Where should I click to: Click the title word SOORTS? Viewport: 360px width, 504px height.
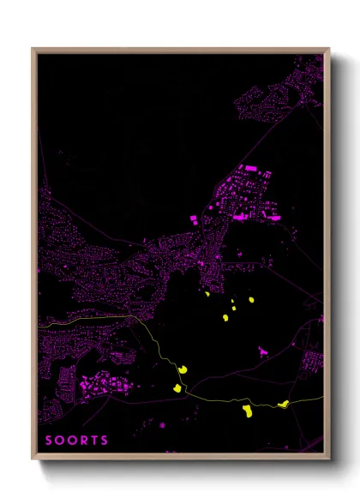pyautogui.click(x=77, y=441)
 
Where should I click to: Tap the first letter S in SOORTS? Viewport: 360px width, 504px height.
pyautogui.click(x=49, y=441)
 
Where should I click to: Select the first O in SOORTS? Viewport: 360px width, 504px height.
pyautogui.click(x=60, y=441)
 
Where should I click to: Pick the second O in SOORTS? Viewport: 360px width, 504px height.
pyautogui.click(x=72, y=441)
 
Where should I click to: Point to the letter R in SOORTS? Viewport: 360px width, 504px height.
pyautogui.click(x=84, y=441)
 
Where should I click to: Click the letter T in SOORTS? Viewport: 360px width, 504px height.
pyautogui.click(x=94, y=441)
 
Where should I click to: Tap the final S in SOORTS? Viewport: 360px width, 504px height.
pyautogui.click(x=105, y=441)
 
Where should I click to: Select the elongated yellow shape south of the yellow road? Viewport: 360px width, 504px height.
pyautogui.click(x=246, y=412)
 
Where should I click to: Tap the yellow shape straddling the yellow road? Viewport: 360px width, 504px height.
pyautogui.click(x=282, y=402)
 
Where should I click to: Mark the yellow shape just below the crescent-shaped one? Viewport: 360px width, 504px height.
pyautogui.click(x=177, y=388)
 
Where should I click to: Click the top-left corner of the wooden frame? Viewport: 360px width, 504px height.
pyautogui.click(x=33, y=50)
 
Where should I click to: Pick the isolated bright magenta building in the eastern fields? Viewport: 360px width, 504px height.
pyautogui.click(x=263, y=350)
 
